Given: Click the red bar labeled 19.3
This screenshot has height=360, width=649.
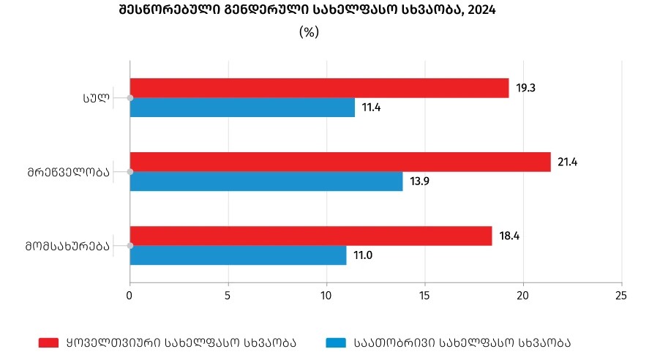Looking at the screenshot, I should pos(319,88).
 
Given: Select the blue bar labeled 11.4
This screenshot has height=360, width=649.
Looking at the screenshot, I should pos(242,108).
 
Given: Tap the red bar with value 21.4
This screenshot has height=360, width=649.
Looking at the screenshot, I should pos(340,162).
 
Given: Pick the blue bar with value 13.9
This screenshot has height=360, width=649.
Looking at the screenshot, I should pos(266,181).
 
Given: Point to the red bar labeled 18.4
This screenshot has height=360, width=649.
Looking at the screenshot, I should pos(310,236).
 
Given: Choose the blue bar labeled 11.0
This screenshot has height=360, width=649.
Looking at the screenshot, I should pos(238,255).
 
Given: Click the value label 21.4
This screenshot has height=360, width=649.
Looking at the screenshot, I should pos(568,162).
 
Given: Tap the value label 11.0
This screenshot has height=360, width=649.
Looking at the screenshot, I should pos(364,255).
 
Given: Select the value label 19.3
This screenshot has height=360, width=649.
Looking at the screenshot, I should pos(526,88).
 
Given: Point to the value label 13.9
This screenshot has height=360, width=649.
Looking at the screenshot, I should pos(420,181).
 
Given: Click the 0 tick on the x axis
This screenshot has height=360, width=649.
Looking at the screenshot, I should pos(130,296).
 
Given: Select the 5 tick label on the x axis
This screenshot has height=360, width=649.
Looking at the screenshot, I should pos(228,296).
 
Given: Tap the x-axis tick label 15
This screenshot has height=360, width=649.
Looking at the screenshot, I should pos(425,296).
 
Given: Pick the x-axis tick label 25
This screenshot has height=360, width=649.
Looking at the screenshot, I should pos(622,296).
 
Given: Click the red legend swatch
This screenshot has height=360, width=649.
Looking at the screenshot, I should pos(48,342).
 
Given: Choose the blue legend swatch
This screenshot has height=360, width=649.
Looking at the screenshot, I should pos(335,342).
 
